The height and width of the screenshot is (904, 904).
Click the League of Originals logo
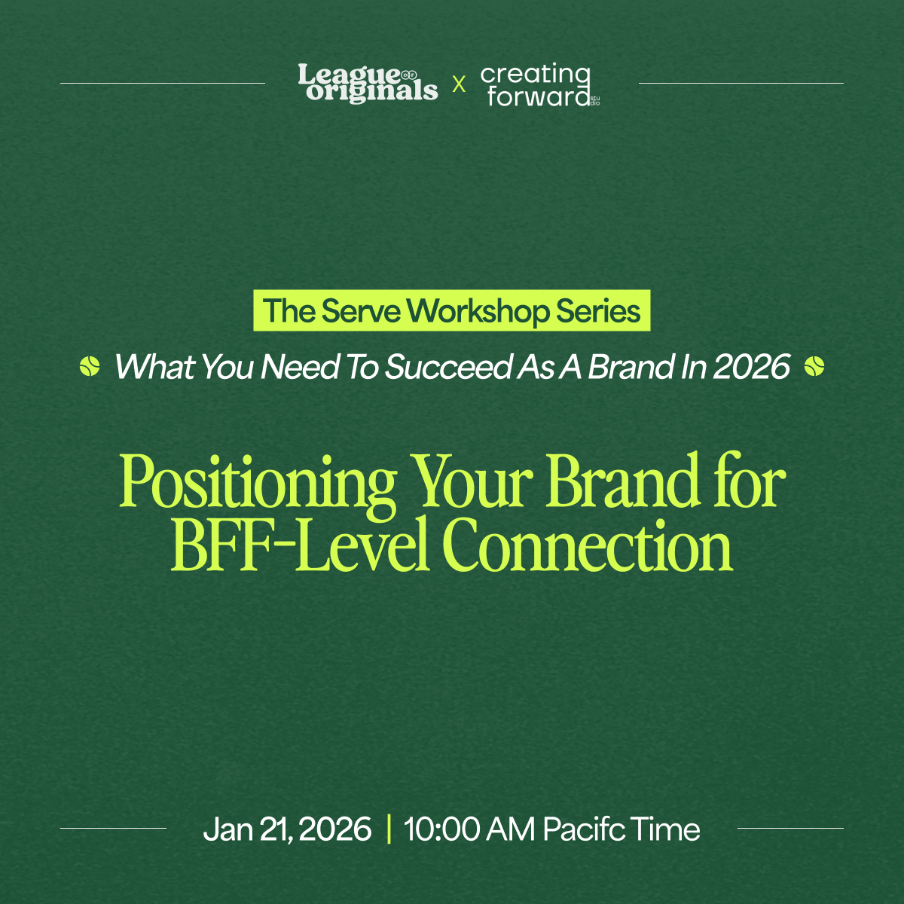[368, 83]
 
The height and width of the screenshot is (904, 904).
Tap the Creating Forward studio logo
[540, 84]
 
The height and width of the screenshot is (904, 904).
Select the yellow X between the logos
[459, 84]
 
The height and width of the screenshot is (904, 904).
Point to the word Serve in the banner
[362, 311]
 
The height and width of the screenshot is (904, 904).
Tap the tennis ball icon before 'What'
[90, 366]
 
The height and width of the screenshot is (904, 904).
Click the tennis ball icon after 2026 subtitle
[814, 366]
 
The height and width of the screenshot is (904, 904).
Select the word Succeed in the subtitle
[448, 366]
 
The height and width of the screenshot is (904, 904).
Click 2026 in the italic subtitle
[752, 366]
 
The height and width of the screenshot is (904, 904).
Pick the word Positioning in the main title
[258, 483]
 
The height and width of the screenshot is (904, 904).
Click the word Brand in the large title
[622, 480]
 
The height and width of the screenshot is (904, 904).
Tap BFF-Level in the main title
[301, 544]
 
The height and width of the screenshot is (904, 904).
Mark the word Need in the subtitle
[300, 366]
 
